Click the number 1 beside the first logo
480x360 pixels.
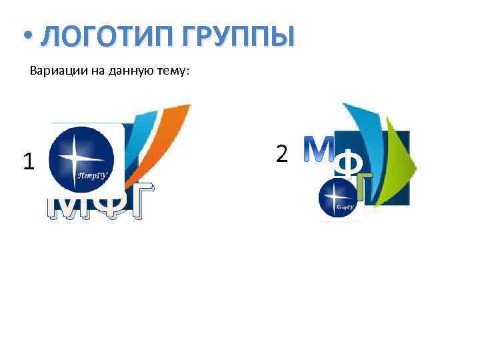coord(28,161)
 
